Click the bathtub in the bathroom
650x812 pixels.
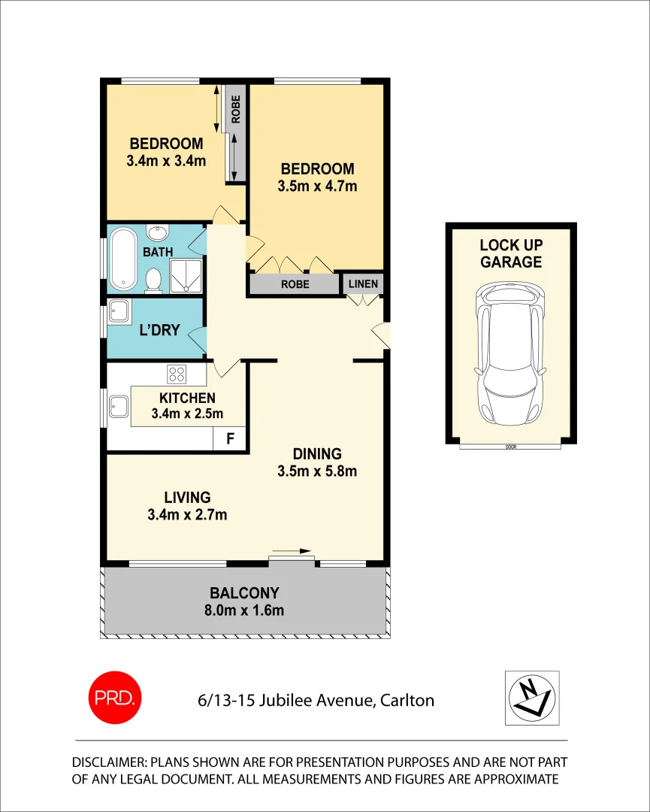coord(122,259)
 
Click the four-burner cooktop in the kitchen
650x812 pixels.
coord(177,373)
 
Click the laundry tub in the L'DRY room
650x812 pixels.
coord(119,311)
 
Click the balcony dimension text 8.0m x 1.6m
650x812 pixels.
coord(246,610)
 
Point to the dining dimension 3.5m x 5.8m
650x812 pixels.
coord(317,471)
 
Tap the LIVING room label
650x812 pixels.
coord(188,497)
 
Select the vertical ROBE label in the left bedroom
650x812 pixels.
coord(236,110)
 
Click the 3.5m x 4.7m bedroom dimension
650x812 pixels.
coord(317,186)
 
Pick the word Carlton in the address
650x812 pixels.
coord(406,701)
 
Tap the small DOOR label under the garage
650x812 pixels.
coord(511,447)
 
